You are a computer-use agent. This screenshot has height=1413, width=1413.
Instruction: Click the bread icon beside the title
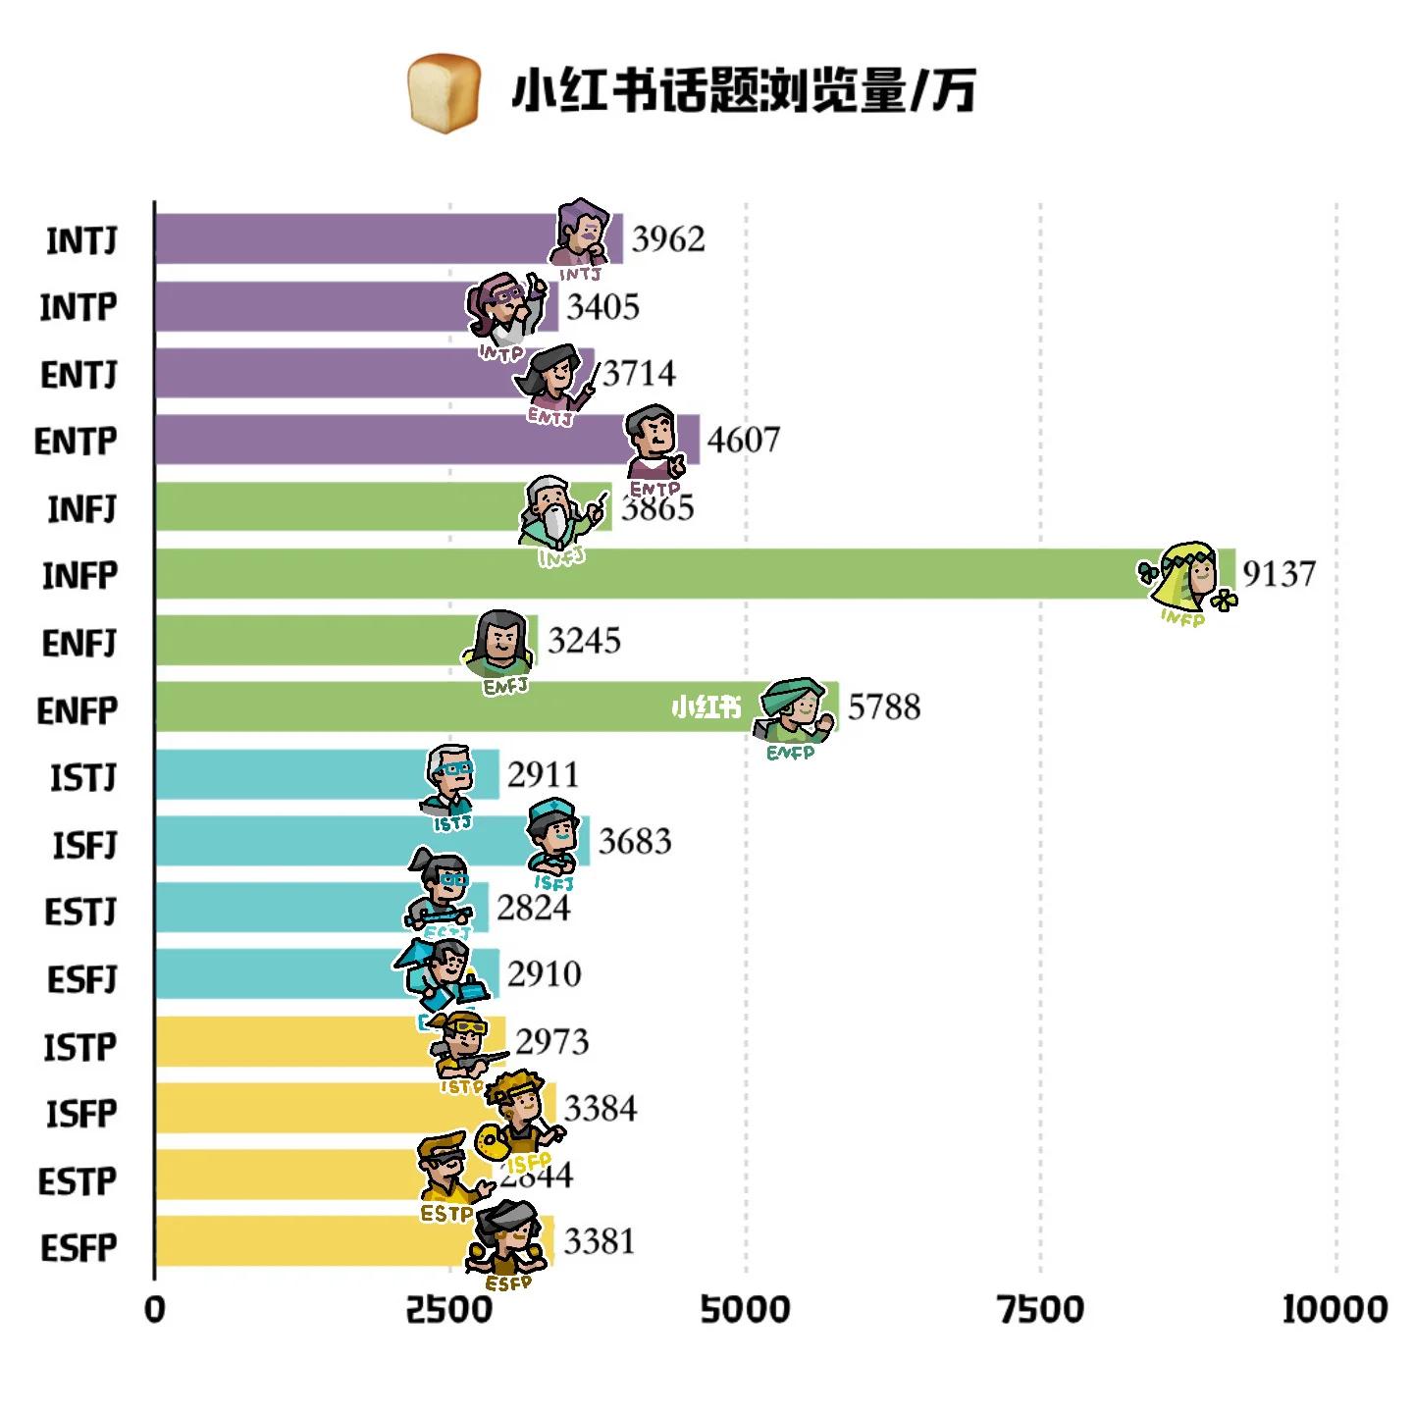tap(445, 92)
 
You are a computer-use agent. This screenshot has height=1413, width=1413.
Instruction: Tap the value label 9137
tap(1279, 574)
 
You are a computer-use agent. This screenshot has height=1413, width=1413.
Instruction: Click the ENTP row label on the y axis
tap(76, 442)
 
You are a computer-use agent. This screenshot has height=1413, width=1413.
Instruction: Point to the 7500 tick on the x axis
tap(1041, 1309)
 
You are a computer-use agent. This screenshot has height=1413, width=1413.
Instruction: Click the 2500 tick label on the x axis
tap(449, 1309)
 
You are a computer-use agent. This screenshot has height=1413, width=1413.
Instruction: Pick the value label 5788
tap(884, 707)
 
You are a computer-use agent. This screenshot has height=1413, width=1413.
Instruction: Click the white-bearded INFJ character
tap(555, 513)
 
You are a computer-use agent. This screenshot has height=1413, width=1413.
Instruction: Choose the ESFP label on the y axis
tap(78, 1248)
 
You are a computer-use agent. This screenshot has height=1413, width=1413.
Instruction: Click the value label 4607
tap(744, 440)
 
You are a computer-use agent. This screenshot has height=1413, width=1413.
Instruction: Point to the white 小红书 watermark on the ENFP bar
tap(706, 707)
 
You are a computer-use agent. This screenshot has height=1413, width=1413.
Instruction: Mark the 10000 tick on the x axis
tap(1334, 1309)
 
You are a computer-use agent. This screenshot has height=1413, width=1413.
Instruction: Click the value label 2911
tap(543, 775)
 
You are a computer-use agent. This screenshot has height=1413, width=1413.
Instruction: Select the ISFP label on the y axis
tap(81, 1114)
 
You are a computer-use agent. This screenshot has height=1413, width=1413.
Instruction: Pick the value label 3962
tap(668, 238)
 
